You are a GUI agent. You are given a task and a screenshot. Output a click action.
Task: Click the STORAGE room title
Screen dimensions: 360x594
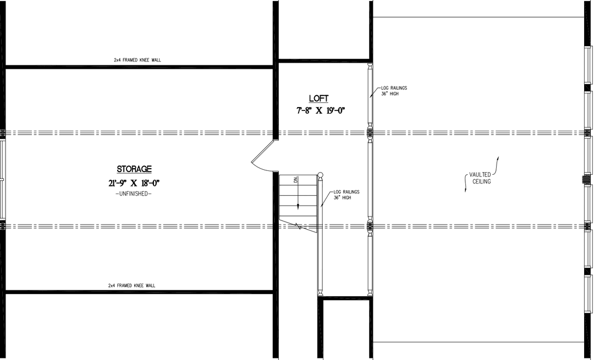134,169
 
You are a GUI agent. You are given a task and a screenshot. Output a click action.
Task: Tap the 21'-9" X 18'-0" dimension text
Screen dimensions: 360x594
134,182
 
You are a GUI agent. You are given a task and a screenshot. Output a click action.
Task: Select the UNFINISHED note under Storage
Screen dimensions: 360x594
134,194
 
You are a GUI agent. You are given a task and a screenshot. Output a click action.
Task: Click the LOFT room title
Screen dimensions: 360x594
318,99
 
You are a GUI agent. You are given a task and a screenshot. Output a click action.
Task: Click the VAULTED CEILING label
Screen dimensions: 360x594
480,178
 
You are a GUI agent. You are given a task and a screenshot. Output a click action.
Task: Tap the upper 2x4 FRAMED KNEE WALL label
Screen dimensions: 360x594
138,60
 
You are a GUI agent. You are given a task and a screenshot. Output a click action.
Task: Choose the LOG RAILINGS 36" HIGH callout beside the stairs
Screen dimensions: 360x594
346,195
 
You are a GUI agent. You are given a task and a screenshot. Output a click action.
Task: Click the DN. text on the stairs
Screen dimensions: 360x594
295,180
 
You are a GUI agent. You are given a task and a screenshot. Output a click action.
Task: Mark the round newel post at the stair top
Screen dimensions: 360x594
320,175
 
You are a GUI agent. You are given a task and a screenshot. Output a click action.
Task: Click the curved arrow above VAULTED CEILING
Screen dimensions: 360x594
498,163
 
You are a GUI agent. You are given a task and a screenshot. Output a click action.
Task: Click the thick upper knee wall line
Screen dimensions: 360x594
137,67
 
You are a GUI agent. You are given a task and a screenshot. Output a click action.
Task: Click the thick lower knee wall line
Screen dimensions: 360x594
137,292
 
